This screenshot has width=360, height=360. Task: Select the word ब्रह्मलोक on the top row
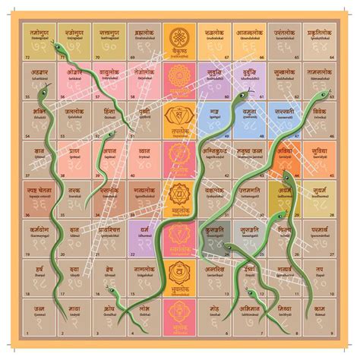tap(144, 33)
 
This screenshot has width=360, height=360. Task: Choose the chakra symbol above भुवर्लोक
tap(179, 270)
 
